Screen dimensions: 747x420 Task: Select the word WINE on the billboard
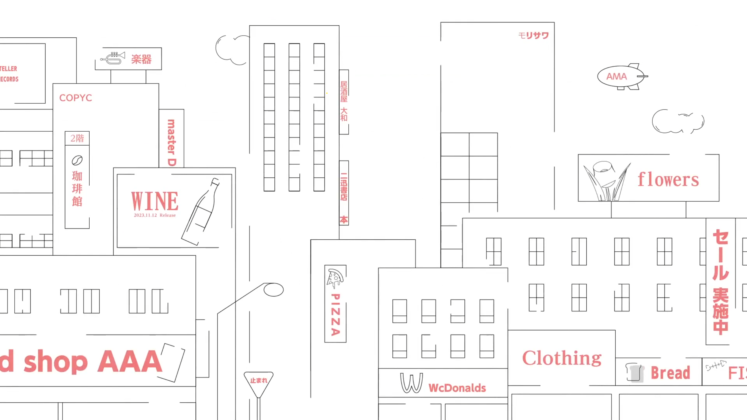[154, 201]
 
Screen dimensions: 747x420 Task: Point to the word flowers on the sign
[668, 179]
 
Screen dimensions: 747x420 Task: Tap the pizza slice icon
[335, 278]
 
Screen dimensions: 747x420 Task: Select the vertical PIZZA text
[336, 315]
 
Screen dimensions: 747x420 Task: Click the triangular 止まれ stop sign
[258, 381]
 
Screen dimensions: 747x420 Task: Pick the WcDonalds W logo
[411, 383]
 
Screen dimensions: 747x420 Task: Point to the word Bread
[670, 373]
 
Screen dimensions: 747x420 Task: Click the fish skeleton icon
[715, 365]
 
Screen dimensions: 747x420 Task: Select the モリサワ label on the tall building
[534, 36]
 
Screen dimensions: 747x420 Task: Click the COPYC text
[76, 98]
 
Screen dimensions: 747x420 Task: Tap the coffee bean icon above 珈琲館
[77, 160]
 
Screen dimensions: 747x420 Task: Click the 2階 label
[77, 138]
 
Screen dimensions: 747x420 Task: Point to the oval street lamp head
[273, 290]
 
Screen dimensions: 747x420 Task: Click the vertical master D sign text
[171, 142]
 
